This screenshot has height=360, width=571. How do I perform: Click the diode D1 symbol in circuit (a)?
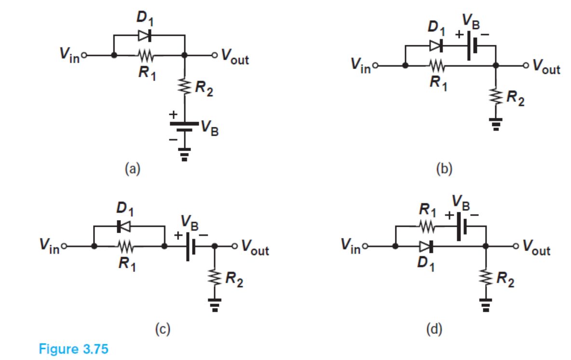coord(144,35)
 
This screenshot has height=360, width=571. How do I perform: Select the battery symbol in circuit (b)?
coord(472,47)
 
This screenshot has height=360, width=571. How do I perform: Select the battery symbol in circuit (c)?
coord(190,246)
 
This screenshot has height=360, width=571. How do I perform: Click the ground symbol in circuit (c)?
coord(214,304)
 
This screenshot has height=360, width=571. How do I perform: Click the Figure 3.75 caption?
coord(73,348)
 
